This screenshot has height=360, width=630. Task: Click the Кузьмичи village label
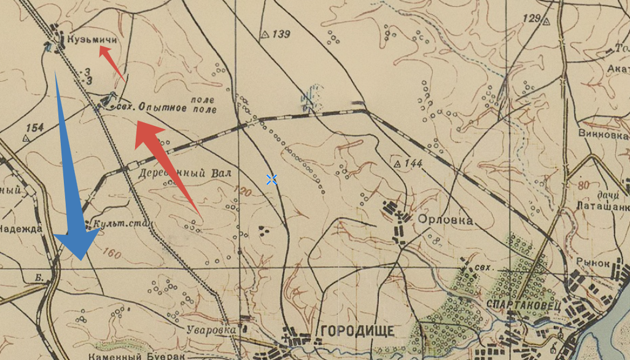(x=93, y=39)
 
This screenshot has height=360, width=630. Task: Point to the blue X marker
(x=271, y=179)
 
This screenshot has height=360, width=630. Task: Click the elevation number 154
(x=35, y=128)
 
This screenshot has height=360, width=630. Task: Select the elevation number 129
(x=532, y=18)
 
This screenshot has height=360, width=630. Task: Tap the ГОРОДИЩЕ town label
(x=356, y=331)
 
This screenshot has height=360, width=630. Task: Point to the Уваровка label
(x=212, y=330)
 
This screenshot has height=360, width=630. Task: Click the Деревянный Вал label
(x=185, y=173)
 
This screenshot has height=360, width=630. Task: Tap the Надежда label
(x=21, y=229)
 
